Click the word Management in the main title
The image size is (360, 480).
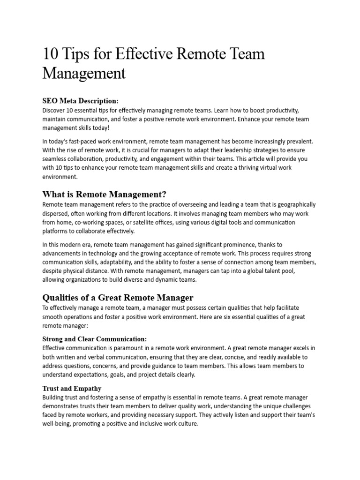click(x=84, y=74)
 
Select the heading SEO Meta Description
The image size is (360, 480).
click(x=81, y=101)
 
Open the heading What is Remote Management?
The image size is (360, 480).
click(x=105, y=194)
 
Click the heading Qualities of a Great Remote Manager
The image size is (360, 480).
click(x=118, y=298)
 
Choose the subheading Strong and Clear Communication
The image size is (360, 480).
click(x=95, y=338)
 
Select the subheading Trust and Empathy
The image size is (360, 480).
click(x=72, y=389)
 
